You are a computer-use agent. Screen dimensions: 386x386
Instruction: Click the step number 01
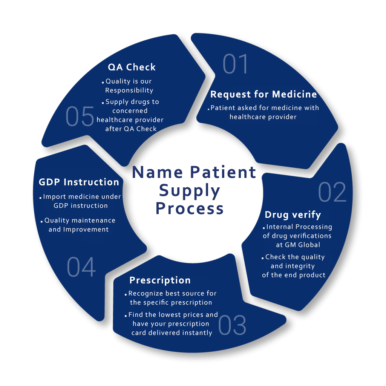pyautogui.click(x=236, y=64)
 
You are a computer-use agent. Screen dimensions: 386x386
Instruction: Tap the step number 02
pyautogui.click(x=332, y=192)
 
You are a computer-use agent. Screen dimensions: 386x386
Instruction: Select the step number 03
pyautogui.click(x=232, y=325)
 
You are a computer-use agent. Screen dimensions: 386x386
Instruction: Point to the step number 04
pyautogui.click(x=81, y=267)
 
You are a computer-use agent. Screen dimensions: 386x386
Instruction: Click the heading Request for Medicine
pyautogui.click(x=263, y=94)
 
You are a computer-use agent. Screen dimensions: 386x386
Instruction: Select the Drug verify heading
pyautogui.click(x=293, y=215)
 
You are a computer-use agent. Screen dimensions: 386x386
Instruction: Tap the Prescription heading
pyautogui.click(x=160, y=280)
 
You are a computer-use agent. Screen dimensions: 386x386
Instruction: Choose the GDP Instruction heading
pyautogui.click(x=79, y=182)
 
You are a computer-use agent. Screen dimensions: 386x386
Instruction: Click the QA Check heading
pyautogui.click(x=132, y=67)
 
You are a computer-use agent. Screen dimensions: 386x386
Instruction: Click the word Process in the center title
pyautogui.click(x=190, y=208)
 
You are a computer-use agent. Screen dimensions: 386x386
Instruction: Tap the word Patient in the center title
pyautogui.click(x=223, y=172)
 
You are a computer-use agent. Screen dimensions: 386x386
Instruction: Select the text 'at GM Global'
pyautogui.click(x=298, y=245)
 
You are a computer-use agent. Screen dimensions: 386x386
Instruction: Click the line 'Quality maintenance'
pyautogui.click(x=80, y=221)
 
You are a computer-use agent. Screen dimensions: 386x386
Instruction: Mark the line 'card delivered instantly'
pyautogui.click(x=172, y=333)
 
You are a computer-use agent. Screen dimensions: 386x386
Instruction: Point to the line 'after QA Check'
pyautogui.click(x=130, y=129)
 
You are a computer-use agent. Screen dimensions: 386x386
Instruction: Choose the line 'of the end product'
pyautogui.click(x=294, y=275)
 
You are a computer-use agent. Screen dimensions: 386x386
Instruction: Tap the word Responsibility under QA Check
pyautogui.click(x=129, y=90)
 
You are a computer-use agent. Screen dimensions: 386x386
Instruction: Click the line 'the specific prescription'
pyautogui.click(x=171, y=303)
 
